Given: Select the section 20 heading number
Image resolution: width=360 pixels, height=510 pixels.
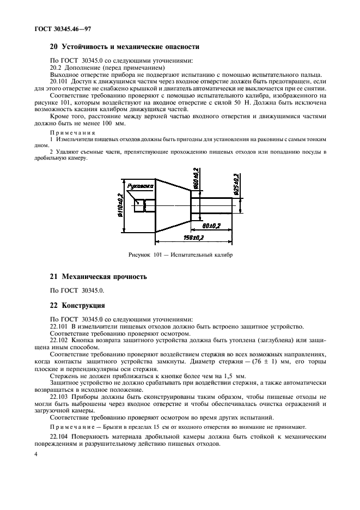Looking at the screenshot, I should coord(54,47).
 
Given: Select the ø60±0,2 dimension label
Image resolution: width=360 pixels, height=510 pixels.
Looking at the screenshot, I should coord(196,178).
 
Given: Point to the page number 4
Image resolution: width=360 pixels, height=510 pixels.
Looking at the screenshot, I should coord(35,454).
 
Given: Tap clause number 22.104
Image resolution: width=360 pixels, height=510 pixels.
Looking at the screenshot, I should coord(58,437).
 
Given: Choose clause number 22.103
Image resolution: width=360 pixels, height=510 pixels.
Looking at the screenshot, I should coord(58,397).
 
